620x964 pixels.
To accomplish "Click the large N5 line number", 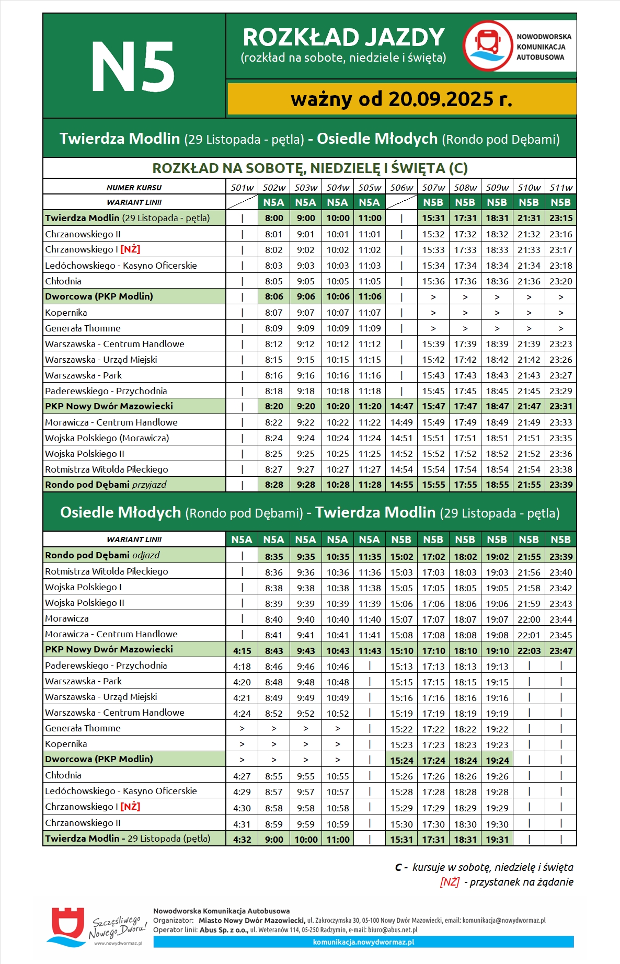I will pyautogui.click(x=133, y=67).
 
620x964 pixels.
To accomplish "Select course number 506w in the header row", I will pyautogui.click(x=401, y=188).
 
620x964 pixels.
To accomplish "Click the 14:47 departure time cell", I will pyautogui.click(x=401, y=406).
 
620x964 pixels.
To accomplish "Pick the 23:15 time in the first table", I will pyautogui.click(x=561, y=218).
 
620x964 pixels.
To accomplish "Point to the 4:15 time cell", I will pyautogui.click(x=242, y=651).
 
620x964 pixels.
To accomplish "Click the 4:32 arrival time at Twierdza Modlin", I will pyautogui.click(x=242, y=840).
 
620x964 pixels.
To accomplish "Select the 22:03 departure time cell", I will pyautogui.click(x=529, y=651).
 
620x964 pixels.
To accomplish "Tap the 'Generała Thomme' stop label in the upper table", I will pyautogui.click(x=83, y=328).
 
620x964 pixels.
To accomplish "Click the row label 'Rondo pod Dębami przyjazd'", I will pyautogui.click(x=106, y=485).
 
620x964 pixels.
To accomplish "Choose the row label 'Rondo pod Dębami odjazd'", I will pyautogui.click(x=102, y=555).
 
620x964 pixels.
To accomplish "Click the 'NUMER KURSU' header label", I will pyautogui.click(x=134, y=188).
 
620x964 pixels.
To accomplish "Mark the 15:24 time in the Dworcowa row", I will pyautogui.click(x=401, y=761).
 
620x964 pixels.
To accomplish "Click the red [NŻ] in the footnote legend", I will pyautogui.click(x=450, y=882).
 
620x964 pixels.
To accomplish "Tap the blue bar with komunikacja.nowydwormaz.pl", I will pyautogui.click(x=363, y=942).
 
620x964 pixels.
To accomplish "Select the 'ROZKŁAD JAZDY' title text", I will pyautogui.click(x=343, y=38).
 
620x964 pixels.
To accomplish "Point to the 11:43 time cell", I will pyautogui.click(x=370, y=651).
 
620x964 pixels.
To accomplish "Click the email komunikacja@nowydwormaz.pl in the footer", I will pyautogui.click(x=504, y=920).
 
